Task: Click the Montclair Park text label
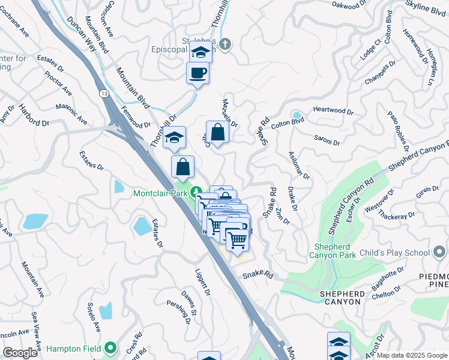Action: pos(160,193)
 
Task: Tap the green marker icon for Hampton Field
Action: pos(110,347)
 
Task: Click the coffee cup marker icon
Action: pos(197,74)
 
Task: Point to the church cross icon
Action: pos(224,44)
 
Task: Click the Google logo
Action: pos(20,353)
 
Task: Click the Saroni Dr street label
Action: pos(327,140)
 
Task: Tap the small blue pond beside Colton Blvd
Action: pos(296,115)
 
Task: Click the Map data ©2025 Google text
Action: pos(412,355)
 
